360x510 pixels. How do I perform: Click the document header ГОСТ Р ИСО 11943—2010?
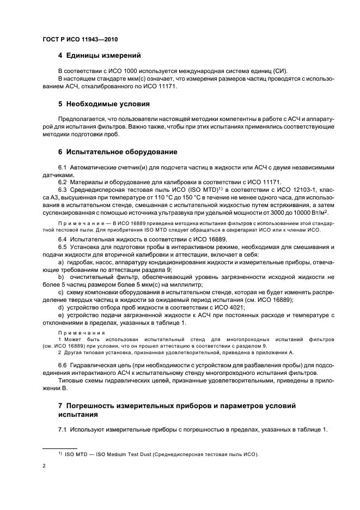(81, 40)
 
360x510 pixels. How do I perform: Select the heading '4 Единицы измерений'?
(100, 56)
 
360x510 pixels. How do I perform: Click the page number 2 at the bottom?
(44, 466)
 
